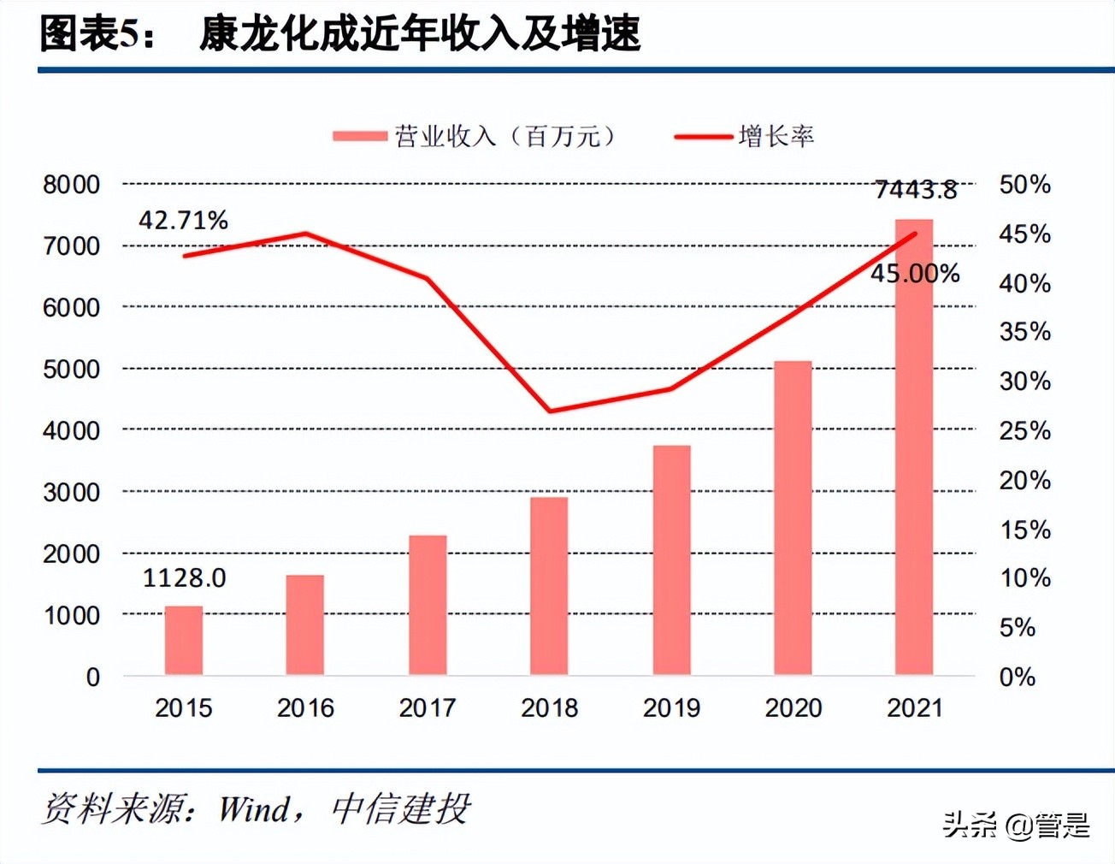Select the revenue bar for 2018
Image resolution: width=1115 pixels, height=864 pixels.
[x=549, y=586]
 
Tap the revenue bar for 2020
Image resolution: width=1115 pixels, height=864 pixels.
[x=793, y=518]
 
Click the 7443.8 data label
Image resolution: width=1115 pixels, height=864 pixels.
[x=916, y=189]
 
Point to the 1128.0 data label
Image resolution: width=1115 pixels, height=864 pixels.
[x=184, y=578]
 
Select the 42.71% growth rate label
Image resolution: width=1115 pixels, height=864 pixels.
[x=183, y=221]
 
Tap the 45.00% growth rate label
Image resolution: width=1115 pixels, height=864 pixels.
[x=915, y=274]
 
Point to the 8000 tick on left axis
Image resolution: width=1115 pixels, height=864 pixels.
[x=72, y=185]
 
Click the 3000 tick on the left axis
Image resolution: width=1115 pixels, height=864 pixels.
[x=72, y=493]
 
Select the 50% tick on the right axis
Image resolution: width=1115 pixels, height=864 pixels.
[x=1024, y=185]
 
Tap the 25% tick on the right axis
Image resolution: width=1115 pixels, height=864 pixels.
[x=1024, y=431]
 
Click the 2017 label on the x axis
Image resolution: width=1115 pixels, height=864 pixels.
[x=428, y=708]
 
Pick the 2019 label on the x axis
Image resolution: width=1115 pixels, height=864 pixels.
[x=671, y=708]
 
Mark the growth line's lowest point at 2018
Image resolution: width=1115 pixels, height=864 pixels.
[x=550, y=411]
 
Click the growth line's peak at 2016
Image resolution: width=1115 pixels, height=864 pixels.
[x=306, y=233]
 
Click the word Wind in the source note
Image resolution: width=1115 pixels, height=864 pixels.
[x=254, y=809]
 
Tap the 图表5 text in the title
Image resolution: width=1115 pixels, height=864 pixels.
[x=89, y=34]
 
